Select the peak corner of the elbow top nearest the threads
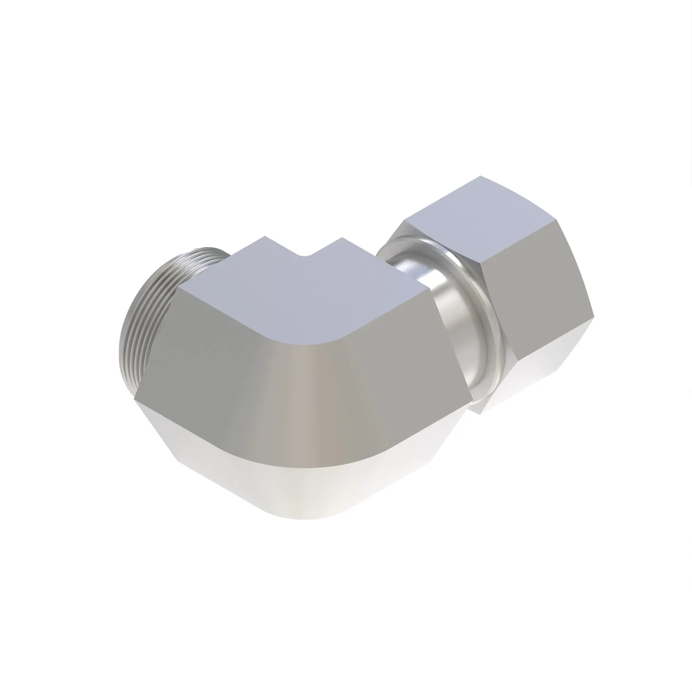pyautogui.click(x=265, y=237)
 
